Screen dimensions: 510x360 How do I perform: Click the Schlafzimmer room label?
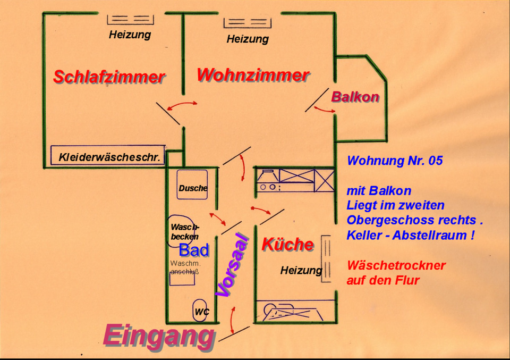(x=109, y=77)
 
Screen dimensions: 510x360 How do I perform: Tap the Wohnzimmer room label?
(x=253, y=75)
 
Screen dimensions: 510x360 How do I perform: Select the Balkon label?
(x=355, y=97)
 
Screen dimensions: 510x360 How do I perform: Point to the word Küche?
(x=287, y=245)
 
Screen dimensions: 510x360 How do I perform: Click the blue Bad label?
(x=193, y=250)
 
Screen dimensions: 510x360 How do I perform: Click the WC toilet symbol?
(x=201, y=311)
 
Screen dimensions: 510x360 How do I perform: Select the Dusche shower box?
(x=192, y=185)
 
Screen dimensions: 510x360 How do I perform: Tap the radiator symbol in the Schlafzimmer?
(x=130, y=19)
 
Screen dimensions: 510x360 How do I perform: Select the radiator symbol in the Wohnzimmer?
(x=247, y=22)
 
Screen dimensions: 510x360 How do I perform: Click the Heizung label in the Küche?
(x=301, y=271)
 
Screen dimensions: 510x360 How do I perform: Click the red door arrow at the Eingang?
(x=232, y=321)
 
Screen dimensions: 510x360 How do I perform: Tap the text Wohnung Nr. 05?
(x=394, y=161)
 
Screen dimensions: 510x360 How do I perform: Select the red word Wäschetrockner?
(x=396, y=265)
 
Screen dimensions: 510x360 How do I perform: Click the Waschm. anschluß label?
(x=184, y=267)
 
